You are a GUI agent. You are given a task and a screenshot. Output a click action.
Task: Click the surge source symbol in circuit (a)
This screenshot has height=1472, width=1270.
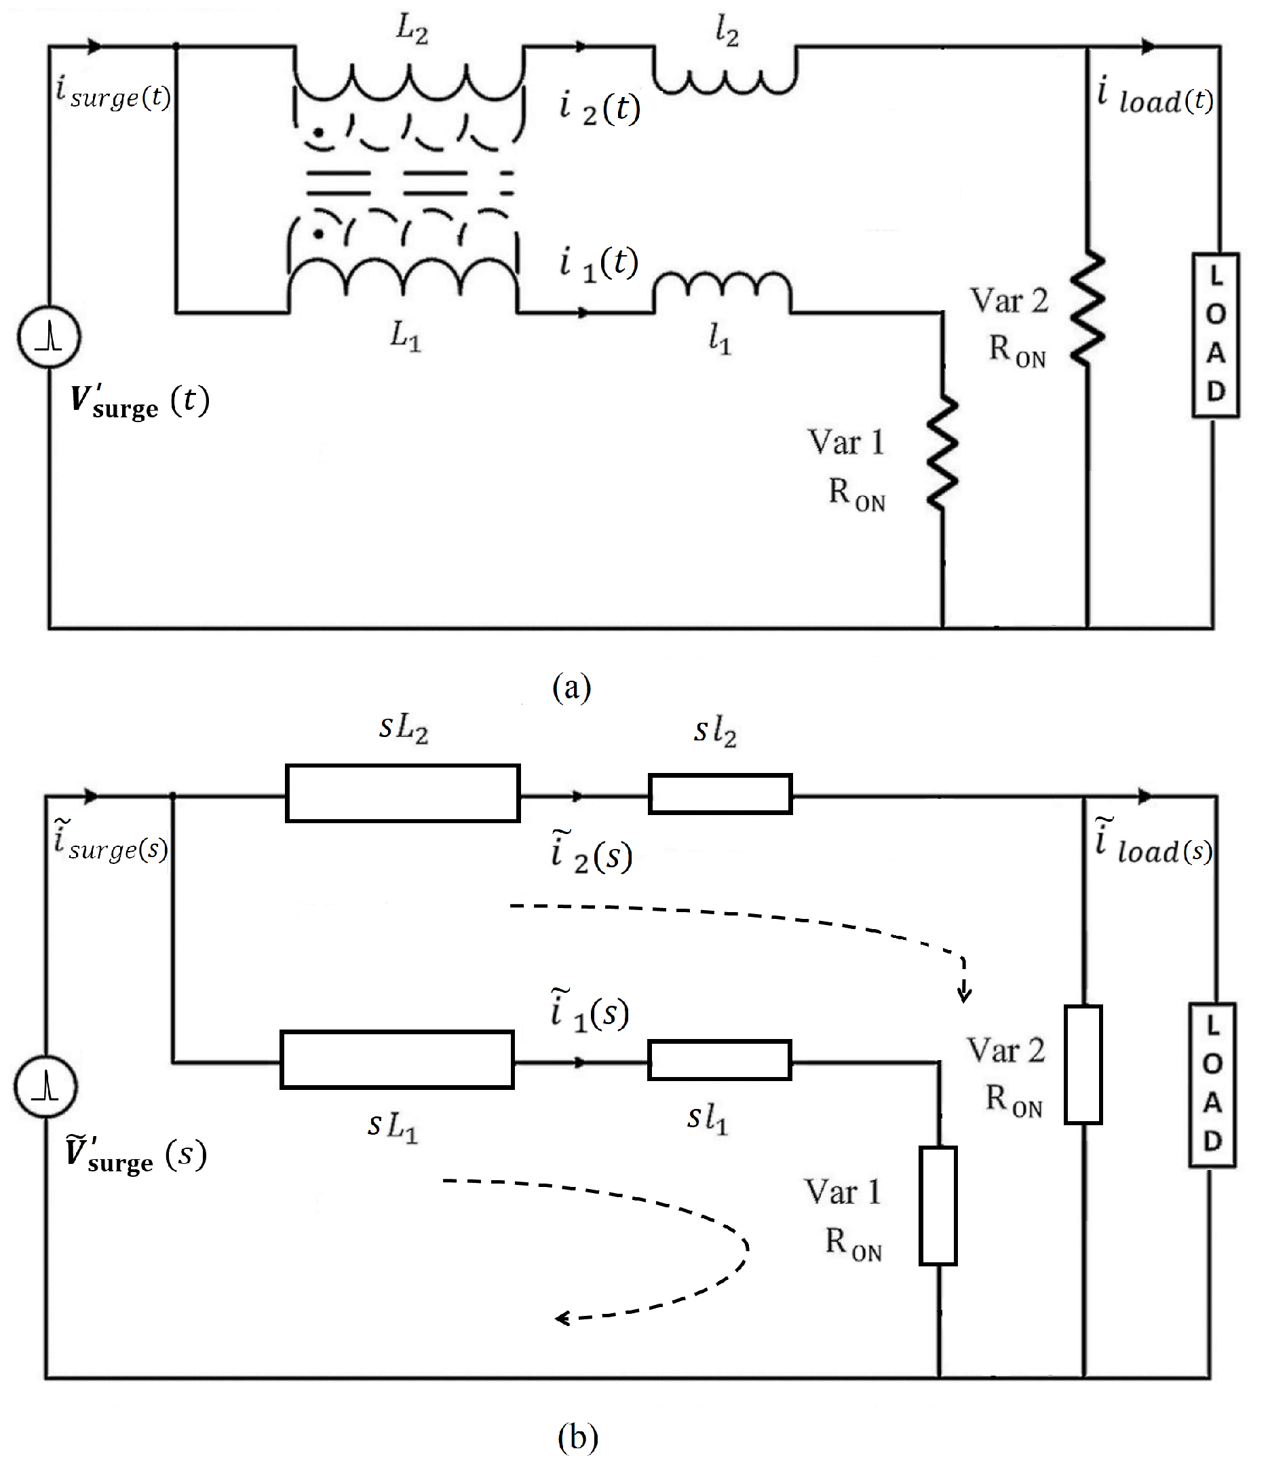49,337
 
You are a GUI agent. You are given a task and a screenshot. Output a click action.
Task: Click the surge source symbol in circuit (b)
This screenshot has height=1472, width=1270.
45,1087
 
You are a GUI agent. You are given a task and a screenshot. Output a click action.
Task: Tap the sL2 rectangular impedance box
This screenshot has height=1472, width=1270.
403,793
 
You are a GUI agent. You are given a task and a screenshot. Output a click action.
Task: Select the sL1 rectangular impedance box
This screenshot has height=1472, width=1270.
397,1059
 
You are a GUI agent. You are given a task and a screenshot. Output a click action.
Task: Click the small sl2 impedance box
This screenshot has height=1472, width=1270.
720,793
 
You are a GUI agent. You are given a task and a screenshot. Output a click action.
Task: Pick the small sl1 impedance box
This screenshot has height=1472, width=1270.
720,1060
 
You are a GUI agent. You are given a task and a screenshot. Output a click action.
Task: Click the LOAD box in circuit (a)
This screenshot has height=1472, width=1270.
1215,335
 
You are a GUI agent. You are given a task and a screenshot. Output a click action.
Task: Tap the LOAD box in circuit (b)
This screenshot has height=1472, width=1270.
1212,1084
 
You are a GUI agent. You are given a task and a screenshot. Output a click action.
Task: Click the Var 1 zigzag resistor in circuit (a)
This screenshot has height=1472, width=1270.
943,453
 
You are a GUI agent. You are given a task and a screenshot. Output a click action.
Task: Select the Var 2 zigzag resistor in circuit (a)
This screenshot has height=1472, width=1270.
1088,309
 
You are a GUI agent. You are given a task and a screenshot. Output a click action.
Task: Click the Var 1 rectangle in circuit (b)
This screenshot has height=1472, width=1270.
938,1205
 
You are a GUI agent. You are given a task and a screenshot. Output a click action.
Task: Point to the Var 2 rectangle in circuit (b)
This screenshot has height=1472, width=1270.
1083,1064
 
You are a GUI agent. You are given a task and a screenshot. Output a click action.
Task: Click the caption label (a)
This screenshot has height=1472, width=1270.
572,687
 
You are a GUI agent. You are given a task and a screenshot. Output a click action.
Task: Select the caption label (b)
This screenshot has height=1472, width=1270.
577,1437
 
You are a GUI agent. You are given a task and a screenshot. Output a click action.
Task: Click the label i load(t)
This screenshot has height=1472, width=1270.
1155,97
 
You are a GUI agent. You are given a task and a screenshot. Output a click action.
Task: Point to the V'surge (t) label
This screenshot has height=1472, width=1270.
139,402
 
